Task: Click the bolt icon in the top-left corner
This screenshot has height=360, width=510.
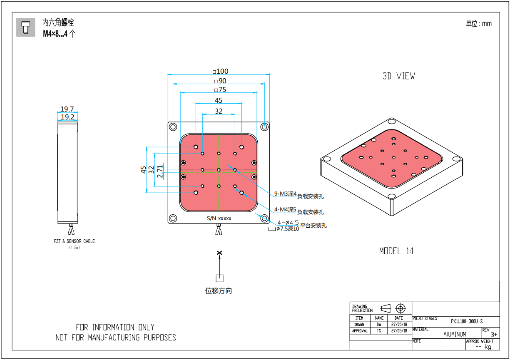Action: pyautogui.click(x=26, y=27)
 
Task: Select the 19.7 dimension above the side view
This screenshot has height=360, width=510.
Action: pyautogui.click(x=67, y=109)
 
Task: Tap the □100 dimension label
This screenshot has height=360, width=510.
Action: pyautogui.click(x=221, y=72)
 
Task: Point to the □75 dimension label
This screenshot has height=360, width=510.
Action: pyautogui.click(x=219, y=90)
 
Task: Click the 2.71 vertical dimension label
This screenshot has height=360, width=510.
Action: pyautogui.click(x=160, y=171)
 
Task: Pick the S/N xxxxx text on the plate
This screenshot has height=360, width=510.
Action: pyautogui.click(x=219, y=218)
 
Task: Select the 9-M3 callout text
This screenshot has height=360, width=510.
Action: pyautogui.click(x=285, y=194)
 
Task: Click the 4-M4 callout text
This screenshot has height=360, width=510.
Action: pyautogui.click(x=285, y=209)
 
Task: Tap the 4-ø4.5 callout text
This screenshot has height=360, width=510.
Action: pyautogui.click(x=288, y=223)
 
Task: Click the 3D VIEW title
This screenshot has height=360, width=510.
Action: pyautogui.click(x=398, y=76)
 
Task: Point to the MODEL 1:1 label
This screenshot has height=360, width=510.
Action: pyautogui.click(x=396, y=251)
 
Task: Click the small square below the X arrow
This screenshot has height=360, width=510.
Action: pyautogui.click(x=219, y=278)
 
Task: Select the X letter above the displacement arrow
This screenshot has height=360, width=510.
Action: pyautogui.click(x=219, y=253)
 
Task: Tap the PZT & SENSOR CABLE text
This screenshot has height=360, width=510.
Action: pyautogui.click(x=74, y=241)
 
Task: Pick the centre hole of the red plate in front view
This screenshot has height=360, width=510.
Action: pyautogui.click(x=219, y=170)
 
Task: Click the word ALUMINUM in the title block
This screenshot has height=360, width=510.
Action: pyautogui.click(x=455, y=334)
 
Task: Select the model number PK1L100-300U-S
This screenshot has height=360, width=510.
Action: pyautogui.click(x=467, y=321)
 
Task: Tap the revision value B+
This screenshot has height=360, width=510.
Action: pyautogui.click(x=494, y=334)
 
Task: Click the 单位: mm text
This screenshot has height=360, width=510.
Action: pyautogui.click(x=479, y=24)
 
